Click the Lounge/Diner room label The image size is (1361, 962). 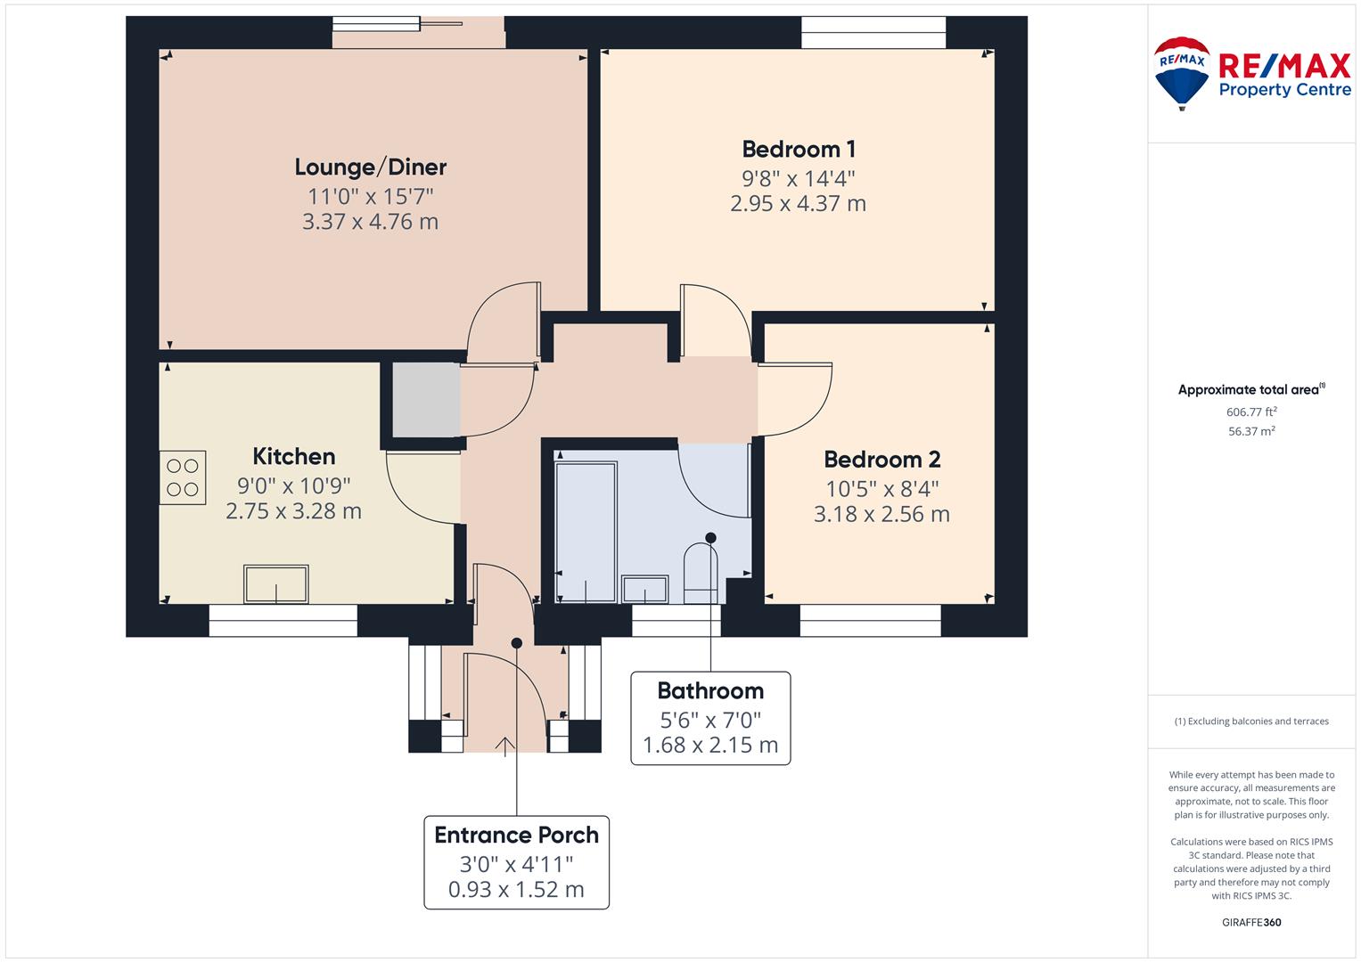[x=371, y=167]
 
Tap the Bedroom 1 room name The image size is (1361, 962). [x=799, y=149]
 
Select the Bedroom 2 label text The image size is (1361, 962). [x=881, y=459]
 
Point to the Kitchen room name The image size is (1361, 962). [x=293, y=456]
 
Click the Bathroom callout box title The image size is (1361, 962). [x=710, y=690]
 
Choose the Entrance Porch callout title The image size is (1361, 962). [x=516, y=836]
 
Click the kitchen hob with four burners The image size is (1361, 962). [x=183, y=477]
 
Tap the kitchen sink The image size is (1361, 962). [x=275, y=583]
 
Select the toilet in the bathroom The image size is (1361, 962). [x=701, y=574]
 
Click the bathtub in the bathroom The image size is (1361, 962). [x=586, y=532]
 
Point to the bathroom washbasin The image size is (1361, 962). [x=644, y=589]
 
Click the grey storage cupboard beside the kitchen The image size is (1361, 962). [x=426, y=400]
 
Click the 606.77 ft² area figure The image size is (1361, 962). [x=1251, y=412]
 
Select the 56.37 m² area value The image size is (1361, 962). [x=1251, y=431]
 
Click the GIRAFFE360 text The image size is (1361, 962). [x=1251, y=922]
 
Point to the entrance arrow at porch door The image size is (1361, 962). [x=504, y=746]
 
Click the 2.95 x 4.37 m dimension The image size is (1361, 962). [x=799, y=203]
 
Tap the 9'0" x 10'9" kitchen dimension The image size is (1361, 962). [x=293, y=485]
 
